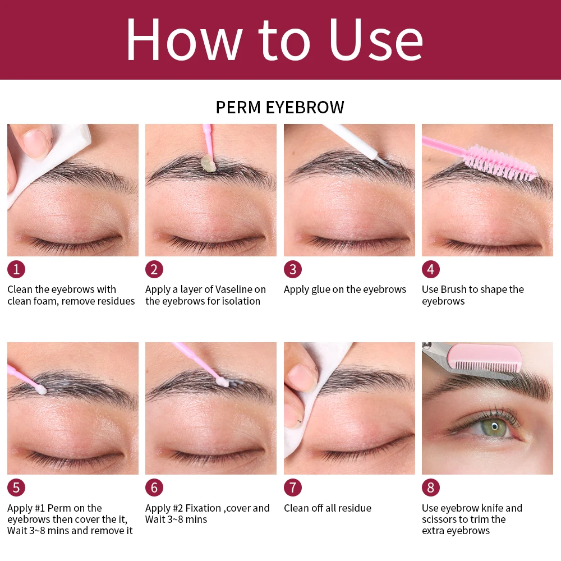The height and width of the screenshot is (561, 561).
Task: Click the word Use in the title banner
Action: click(x=376, y=40)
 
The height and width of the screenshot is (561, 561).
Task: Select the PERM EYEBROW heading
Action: click(x=280, y=107)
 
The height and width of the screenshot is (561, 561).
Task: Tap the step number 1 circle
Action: click(x=16, y=269)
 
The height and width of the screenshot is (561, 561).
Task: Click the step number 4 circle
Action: click(x=431, y=269)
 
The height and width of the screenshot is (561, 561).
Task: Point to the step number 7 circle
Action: click(x=293, y=488)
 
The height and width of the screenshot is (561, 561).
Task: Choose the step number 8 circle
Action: click(x=431, y=488)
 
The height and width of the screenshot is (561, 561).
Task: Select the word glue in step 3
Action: click(x=320, y=289)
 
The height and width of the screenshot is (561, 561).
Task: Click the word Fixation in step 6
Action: click(x=203, y=508)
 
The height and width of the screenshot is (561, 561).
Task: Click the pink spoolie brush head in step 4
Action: click(x=500, y=163)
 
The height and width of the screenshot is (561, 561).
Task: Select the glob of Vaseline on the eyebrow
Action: click(x=208, y=163)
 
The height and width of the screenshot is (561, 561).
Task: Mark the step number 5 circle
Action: click(x=16, y=488)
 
